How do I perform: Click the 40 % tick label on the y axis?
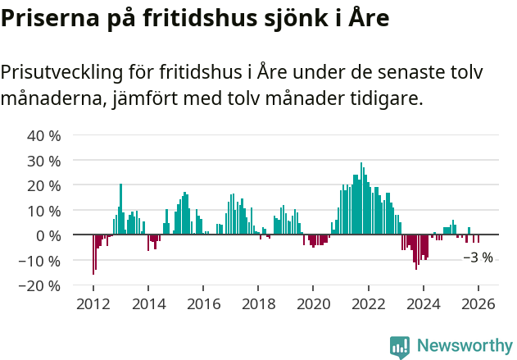44,135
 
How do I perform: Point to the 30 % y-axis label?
44,161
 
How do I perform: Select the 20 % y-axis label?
44,185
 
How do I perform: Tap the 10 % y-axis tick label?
44,211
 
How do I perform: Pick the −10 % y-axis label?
40,261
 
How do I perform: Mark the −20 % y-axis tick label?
40,286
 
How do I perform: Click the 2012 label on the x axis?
93,304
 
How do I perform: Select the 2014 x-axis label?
148,304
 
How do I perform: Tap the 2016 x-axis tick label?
203,304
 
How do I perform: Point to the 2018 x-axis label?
258,304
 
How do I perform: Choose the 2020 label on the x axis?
313,304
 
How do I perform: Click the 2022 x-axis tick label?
369,304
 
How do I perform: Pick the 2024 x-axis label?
424,304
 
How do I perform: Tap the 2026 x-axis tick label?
478,304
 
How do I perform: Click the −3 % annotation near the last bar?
478,257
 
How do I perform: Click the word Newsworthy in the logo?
465,346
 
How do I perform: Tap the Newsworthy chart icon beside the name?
400,347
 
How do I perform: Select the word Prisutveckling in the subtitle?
62,72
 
